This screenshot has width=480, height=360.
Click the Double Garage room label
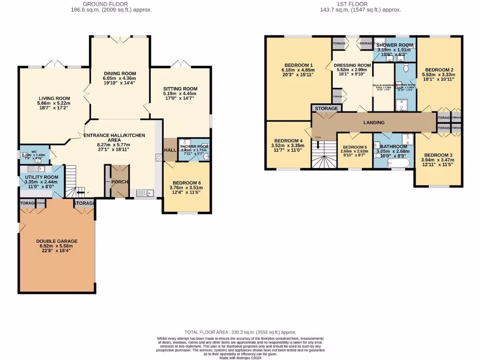57,241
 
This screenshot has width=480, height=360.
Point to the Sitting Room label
180,89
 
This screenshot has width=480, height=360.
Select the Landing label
374,122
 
